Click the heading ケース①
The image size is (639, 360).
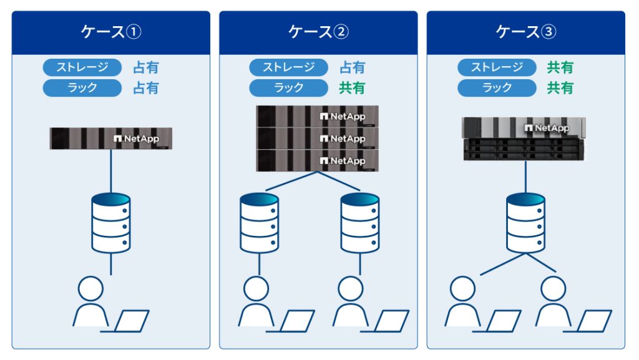pyautogui.click(x=111, y=32)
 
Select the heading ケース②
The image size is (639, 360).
pyautogui.click(x=318, y=32)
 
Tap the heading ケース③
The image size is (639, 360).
pyautogui.click(x=525, y=32)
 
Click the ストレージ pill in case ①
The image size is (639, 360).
pyautogui.click(x=82, y=67)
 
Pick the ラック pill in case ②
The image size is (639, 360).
pyautogui.click(x=288, y=88)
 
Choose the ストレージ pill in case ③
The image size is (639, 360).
pyautogui.click(x=497, y=67)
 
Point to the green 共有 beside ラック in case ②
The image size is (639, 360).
pyautogui.click(x=352, y=88)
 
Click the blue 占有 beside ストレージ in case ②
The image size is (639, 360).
pyautogui.click(x=352, y=67)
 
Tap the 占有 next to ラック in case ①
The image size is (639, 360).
pyautogui.click(x=146, y=88)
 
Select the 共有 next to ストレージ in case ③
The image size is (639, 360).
pyautogui.click(x=560, y=67)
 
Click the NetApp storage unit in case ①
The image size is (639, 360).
pyautogui.click(x=111, y=139)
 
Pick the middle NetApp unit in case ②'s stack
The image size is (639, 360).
pyautogui.click(x=318, y=139)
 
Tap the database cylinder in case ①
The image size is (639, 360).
pyautogui.click(x=111, y=223)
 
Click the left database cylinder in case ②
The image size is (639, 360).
pyautogui.click(x=259, y=223)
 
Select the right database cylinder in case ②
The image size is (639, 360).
pyautogui.click(x=360, y=223)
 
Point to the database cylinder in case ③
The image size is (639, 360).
pyautogui.click(x=525, y=223)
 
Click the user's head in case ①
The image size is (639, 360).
pyautogui.click(x=90, y=289)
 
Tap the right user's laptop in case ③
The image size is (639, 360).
pyautogui.click(x=590, y=321)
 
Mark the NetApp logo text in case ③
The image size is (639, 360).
pyautogui.click(x=547, y=128)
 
